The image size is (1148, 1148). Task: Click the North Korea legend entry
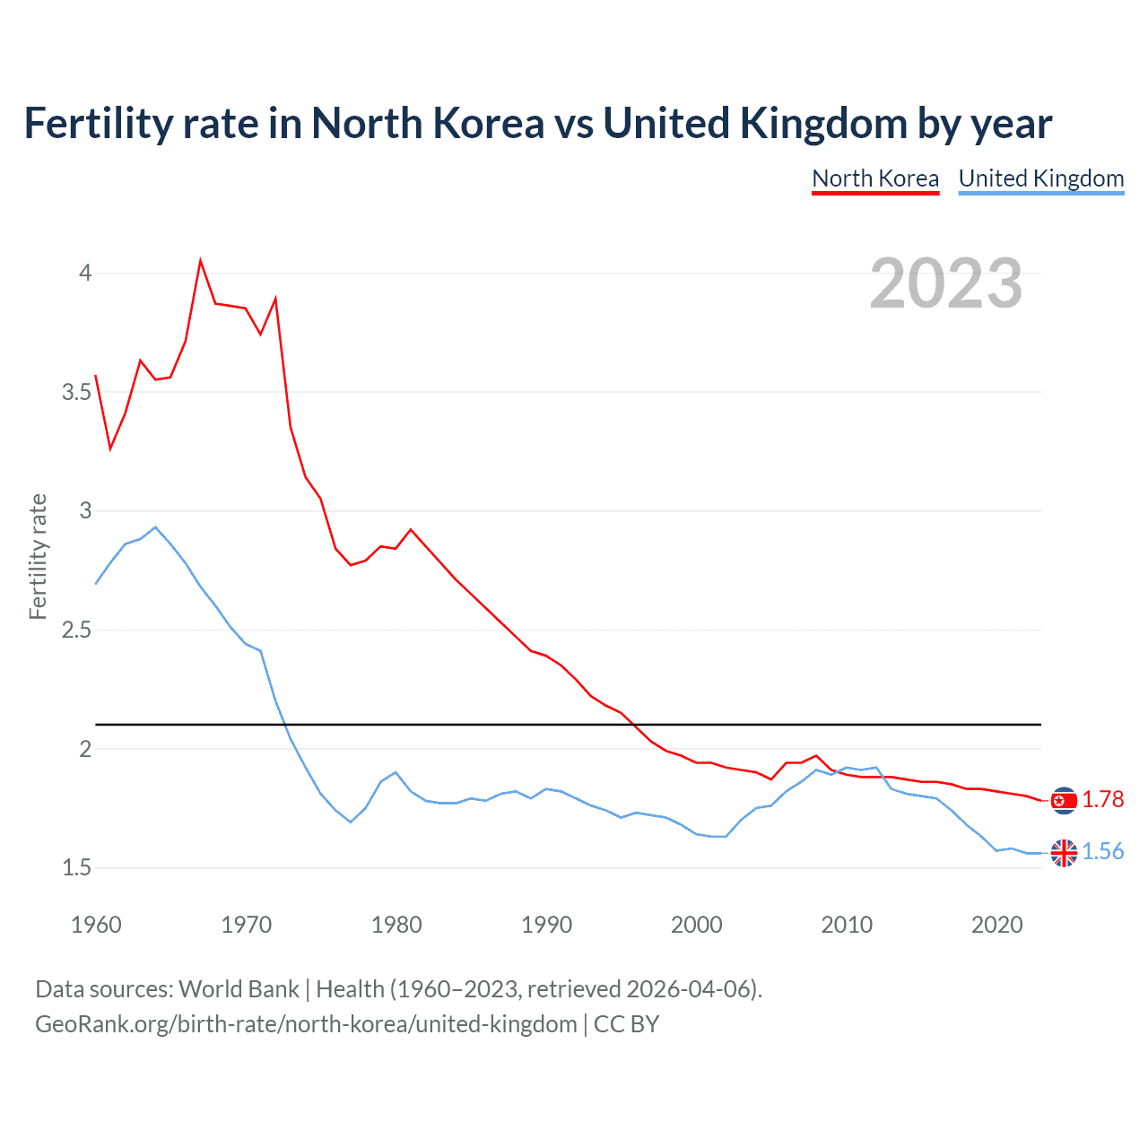coord(874,178)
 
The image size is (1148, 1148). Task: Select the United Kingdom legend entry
coord(1040,178)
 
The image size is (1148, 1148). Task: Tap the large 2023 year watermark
coord(945,283)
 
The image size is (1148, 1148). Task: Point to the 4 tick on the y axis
coord(85,273)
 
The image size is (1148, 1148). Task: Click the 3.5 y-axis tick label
coord(77,392)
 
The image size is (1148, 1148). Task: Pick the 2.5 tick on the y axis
coord(77,630)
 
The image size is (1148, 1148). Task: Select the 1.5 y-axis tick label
coord(77,867)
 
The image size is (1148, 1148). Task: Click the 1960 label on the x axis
coord(96,925)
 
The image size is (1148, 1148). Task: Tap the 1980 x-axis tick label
coord(396,925)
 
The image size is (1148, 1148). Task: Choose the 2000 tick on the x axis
coord(696,925)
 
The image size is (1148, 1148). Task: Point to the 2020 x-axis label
coord(996,925)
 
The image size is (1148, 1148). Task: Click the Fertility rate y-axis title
coord(38,556)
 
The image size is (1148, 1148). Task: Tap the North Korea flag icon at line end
coord(1064,800)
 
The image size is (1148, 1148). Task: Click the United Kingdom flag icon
coord(1064,853)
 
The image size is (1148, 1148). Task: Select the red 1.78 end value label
coord(1102,799)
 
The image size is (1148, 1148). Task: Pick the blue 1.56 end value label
coord(1102,851)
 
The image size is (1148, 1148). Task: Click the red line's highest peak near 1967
coord(200,261)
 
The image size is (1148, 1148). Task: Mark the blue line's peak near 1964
coord(155,527)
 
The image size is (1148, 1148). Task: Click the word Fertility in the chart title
coord(98,124)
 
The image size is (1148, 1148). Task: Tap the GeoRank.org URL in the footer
coord(306,1023)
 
